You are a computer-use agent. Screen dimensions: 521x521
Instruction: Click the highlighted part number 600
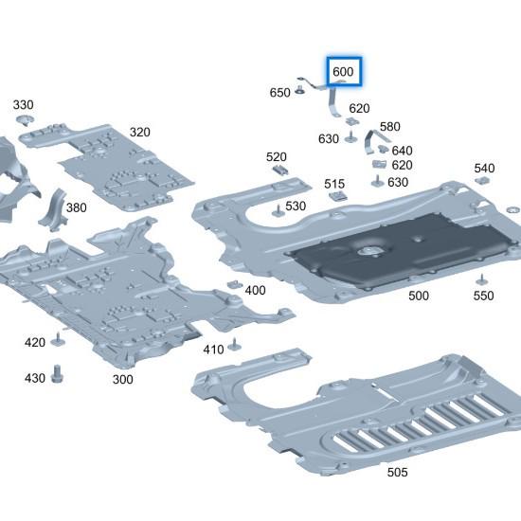click(x=343, y=72)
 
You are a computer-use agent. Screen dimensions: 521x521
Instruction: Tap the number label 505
click(x=398, y=470)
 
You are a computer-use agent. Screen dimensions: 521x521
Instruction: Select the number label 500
click(x=418, y=296)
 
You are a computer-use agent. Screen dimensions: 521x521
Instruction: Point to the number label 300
click(x=122, y=379)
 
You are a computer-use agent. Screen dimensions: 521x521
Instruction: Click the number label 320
click(x=139, y=132)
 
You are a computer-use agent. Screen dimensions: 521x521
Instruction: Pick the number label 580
click(x=389, y=126)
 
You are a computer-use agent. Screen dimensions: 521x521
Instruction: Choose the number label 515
click(x=334, y=184)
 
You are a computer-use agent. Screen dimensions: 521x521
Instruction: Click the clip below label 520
click(x=280, y=171)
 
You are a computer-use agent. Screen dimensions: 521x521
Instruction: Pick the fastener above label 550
click(x=483, y=277)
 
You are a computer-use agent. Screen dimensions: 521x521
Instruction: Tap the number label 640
click(x=402, y=151)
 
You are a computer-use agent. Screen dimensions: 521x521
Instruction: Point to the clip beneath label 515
click(x=334, y=197)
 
